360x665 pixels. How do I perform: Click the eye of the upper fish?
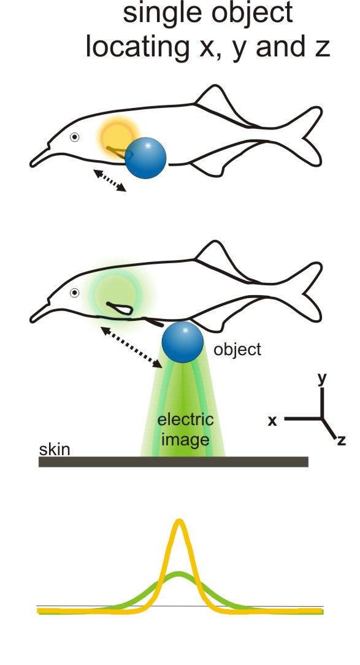pyautogui.click(x=75, y=137)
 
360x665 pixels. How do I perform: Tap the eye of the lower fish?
pyautogui.click(x=75, y=293)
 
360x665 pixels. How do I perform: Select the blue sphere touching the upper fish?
pyautogui.click(x=145, y=158)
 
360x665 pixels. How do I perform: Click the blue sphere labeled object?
pyautogui.click(x=183, y=342)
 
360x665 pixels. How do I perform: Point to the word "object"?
pyautogui.click(x=237, y=350)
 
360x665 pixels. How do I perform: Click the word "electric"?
pyautogui.click(x=185, y=420)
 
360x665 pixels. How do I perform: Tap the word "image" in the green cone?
pyautogui.click(x=185, y=440)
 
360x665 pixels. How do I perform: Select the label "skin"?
pyautogui.click(x=54, y=449)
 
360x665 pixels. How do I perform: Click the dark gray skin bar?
pyautogui.click(x=174, y=462)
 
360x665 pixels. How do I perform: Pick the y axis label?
pyautogui.click(x=322, y=379)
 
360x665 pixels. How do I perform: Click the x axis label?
pyautogui.click(x=273, y=421)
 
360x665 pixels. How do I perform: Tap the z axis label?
pyautogui.click(x=342, y=440)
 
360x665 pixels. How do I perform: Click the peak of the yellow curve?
pyautogui.click(x=180, y=521)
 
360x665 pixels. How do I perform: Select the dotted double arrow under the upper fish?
pyautogui.click(x=110, y=181)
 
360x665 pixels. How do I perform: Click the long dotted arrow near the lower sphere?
pyautogui.click(x=131, y=347)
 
